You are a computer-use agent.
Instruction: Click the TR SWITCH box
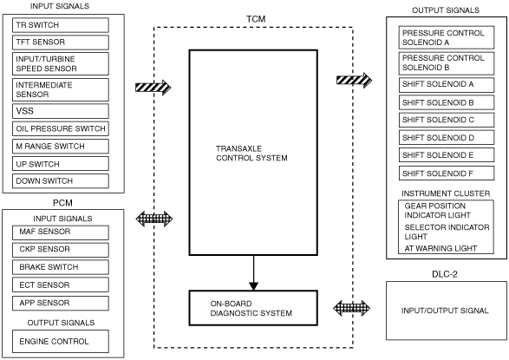point(61,25)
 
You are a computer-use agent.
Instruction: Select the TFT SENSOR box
point(61,43)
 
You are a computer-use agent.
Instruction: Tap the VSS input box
point(61,111)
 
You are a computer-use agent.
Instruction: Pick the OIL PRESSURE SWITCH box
point(61,128)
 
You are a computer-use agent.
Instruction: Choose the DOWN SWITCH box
point(61,180)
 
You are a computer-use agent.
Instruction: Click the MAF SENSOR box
point(61,232)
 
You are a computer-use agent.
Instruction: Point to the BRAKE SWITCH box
point(61,267)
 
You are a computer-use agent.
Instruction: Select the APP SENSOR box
point(61,303)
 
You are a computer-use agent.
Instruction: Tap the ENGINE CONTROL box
point(61,341)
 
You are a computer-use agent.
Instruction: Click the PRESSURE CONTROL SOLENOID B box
point(447,63)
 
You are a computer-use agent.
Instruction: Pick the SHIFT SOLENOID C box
point(447,120)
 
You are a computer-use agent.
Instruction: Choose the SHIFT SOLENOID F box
point(447,173)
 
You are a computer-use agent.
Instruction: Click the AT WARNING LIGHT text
point(440,248)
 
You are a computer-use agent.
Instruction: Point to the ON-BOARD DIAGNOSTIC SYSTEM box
point(253,308)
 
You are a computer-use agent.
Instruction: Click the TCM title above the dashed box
point(256,19)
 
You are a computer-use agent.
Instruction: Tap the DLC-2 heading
point(445,274)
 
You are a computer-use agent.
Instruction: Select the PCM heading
point(62,203)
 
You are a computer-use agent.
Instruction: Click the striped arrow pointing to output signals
point(354,80)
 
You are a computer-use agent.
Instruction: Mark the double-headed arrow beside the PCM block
point(154,219)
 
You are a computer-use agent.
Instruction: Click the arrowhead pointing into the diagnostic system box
point(253,286)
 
